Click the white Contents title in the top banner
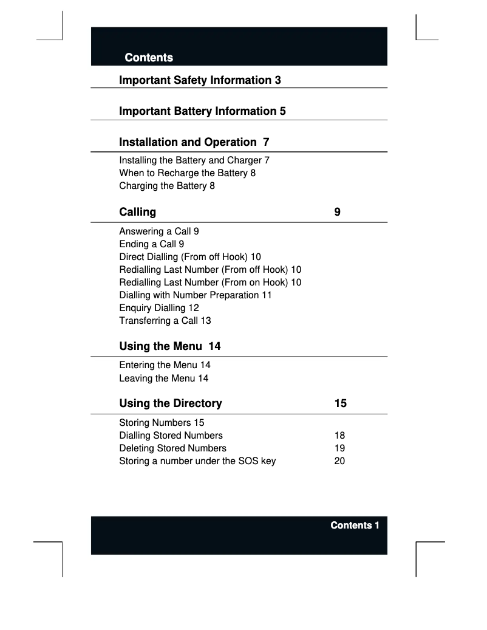pyautogui.click(x=149, y=58)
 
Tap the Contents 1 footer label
pyautogui.click(x=355, y=526)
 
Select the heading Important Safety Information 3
pyautogui.click(x=200, y=80)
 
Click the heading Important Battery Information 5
pyautogui.click(x=202, y=111)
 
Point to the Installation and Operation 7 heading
pyautogui.click(x=194, y=142)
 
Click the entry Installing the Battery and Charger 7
pyautogui.click(x=194, y=160)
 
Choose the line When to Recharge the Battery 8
pyautogui.click(x=187, y=173)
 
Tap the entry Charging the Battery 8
pyautogui.click(x=167, y=186)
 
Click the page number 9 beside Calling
pyautogui.click(x=337, y=212)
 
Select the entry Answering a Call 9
pyautogui.click(x=159, y=231)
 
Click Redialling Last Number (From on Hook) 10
pyautogui.click(x=210, y=282)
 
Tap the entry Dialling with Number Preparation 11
pyautogui.click(x=196, y=295)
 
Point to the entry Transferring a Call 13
pyautogui.click(x=165, y=321)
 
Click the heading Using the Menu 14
pyautogui.click(x=170, y=346)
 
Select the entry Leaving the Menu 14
pyautogui.click(x=164, y=378)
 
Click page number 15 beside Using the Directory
pyautogui.click(x=341, y=403)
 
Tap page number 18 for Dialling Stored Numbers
pyautogui.click(x=340, y=436)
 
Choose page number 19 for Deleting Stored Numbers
pyautogui.click(x=340, y=448)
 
